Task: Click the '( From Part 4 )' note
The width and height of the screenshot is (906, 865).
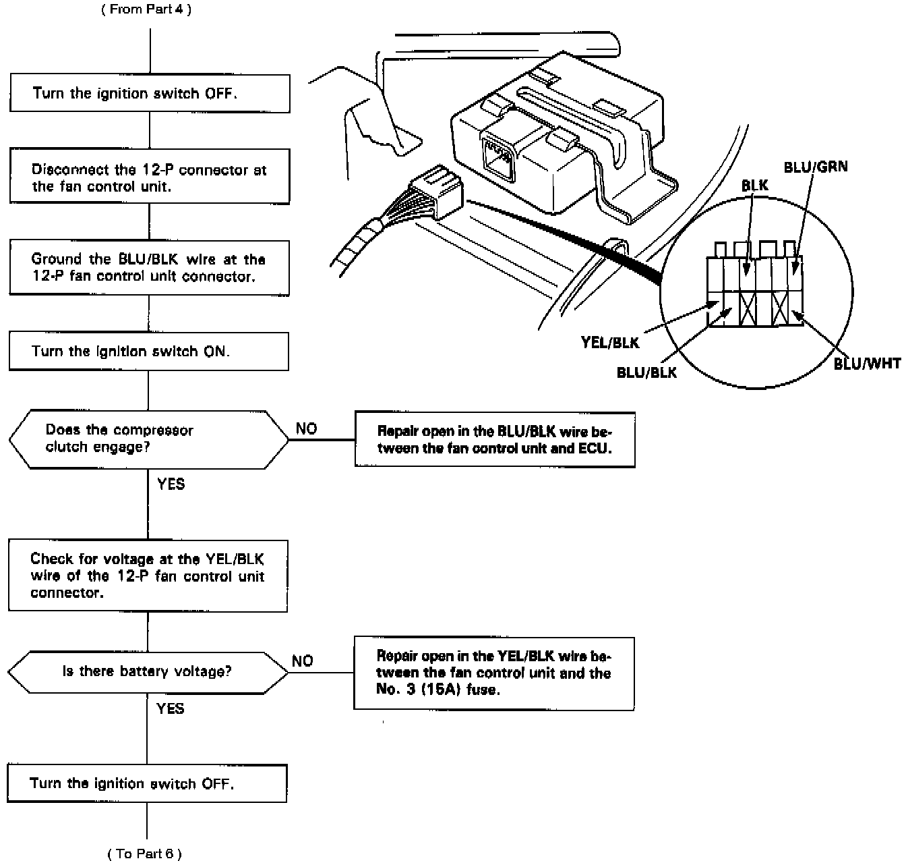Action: click(x=146, y=10)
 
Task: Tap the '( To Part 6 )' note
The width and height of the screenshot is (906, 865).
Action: click(x=144, y=854)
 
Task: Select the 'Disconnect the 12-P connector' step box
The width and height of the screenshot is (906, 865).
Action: click(x=150, y=177)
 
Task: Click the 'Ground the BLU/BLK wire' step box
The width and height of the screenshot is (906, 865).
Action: click(x=149, y=268)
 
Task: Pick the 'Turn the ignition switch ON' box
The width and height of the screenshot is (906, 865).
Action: click(x=148, y=351)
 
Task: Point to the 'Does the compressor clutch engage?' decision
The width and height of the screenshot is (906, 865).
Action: click(x=148, y=439)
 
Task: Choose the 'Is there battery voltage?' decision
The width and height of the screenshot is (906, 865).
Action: click(x=148, y=672)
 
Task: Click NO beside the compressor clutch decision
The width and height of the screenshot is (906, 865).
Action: click(x=306, y=429)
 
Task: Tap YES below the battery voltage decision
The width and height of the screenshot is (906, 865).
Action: click(x=170, y=708)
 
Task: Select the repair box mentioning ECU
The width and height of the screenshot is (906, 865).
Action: click(x=495, y=440)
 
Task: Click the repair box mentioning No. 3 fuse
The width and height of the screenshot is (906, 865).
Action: click(x=493, y=673)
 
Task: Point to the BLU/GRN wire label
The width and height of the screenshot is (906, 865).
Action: click(x=816, y=167)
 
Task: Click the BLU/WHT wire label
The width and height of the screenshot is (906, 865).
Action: click(x=867, y=364)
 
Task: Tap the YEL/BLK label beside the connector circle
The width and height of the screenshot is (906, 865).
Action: click(x=610, y=343)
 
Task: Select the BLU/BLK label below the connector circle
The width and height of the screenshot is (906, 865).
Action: click(x=646, y=372)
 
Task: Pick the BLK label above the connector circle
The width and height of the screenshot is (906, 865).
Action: click(x=754, y=186)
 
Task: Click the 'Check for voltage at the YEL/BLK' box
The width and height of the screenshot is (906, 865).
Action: click(x=148, y=576)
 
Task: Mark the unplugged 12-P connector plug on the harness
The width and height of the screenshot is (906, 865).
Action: click(x=436, y=194)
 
